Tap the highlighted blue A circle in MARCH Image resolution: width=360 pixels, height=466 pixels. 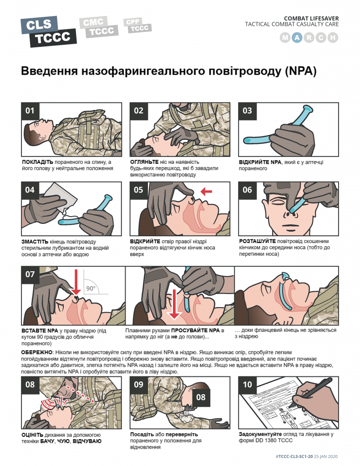[297, 38]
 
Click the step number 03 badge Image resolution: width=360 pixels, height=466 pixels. [247, 111]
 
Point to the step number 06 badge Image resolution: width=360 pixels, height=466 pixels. [247, 190]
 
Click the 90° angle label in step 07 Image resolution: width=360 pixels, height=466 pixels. [91, 288]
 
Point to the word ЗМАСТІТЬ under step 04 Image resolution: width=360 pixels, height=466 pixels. [35, 242]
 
